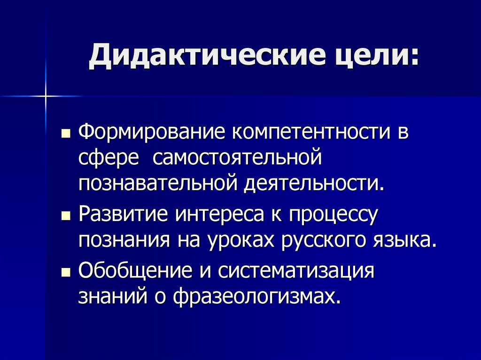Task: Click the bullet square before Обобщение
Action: coord(66,273)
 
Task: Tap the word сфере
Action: coord(109,158)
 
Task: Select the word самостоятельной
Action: coord(236,158)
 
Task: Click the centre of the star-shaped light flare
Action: coord(47,96)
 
